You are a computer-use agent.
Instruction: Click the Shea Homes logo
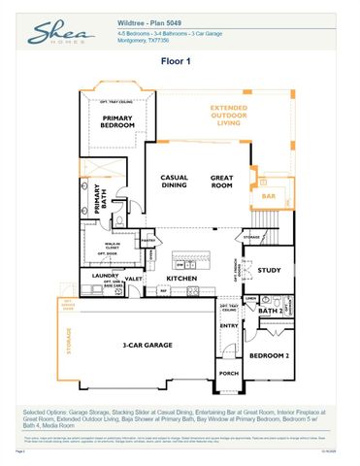tap(60, 35)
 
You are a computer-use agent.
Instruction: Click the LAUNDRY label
tap(104, 276)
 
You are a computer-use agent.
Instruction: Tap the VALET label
tap(134, 279)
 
